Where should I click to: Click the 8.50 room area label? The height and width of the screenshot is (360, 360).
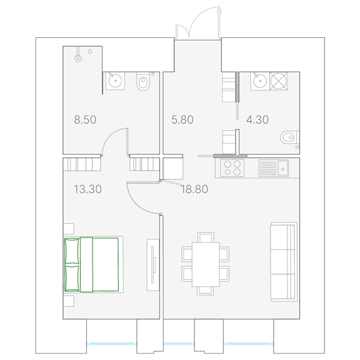pos(85,120)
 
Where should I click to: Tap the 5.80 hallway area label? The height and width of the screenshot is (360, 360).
pos(182,120)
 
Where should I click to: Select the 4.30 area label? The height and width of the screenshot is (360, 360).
pos(257,120)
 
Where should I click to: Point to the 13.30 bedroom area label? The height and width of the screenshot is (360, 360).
pos(88,190)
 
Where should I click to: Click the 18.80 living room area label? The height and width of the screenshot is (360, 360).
pos(194,190)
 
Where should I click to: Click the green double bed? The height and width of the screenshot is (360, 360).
pos(91,265)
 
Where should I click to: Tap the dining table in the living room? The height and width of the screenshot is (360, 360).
pos(206,264)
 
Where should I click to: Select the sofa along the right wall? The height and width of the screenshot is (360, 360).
pos(284,262)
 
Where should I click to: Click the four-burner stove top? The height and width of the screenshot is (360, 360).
pos(232,168)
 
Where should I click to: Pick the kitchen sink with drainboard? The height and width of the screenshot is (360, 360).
pos(274,168)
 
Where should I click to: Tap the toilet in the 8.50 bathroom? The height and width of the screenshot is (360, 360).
pos(143,82)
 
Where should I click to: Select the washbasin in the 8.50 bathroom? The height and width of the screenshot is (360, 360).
pos(115,80)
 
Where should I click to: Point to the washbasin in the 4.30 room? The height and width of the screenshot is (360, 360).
pos(260,81)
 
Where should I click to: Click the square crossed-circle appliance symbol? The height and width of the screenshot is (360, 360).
pos(279,81)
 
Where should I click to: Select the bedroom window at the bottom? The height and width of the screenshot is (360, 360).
pos(112,344)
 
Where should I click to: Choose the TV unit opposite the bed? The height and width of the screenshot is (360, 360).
pos(153,265)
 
